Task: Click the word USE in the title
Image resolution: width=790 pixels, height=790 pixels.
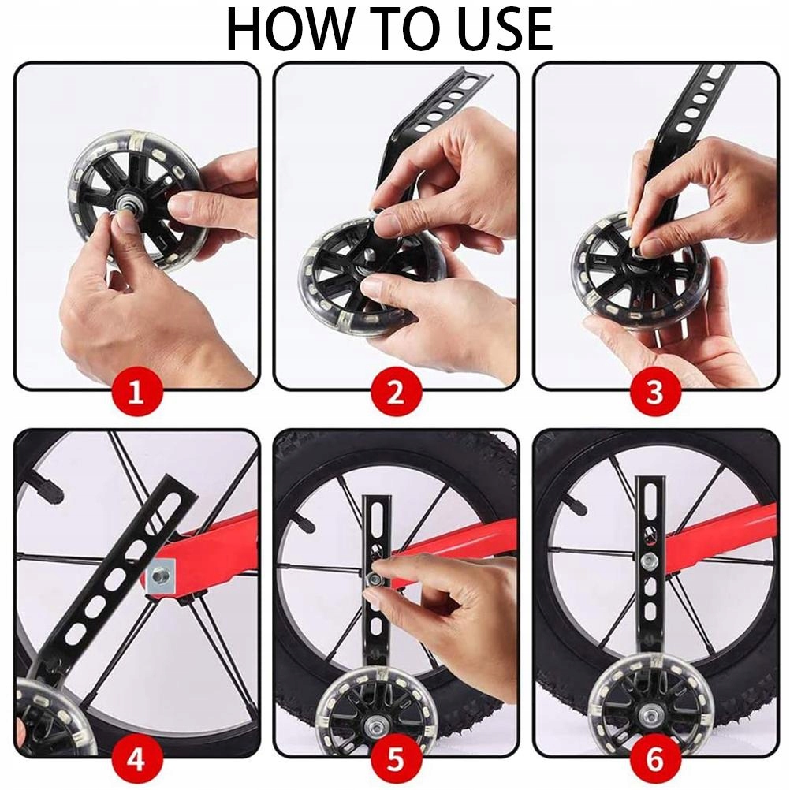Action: pyautogui.click(x=503, y=30)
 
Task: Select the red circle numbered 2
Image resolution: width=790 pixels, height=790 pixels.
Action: pyautogui.click(x=396, y=392)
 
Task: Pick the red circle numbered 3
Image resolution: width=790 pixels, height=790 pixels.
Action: pyautogui.click(x=655, y=392)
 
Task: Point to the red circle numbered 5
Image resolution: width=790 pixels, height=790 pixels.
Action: pyautogui.click(x=396, y=759)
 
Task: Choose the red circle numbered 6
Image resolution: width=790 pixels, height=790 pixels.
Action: pyautogui.click(x=655, y=759)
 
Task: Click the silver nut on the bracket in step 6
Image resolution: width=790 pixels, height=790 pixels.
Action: pyautogui.click(x=648, y=560)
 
